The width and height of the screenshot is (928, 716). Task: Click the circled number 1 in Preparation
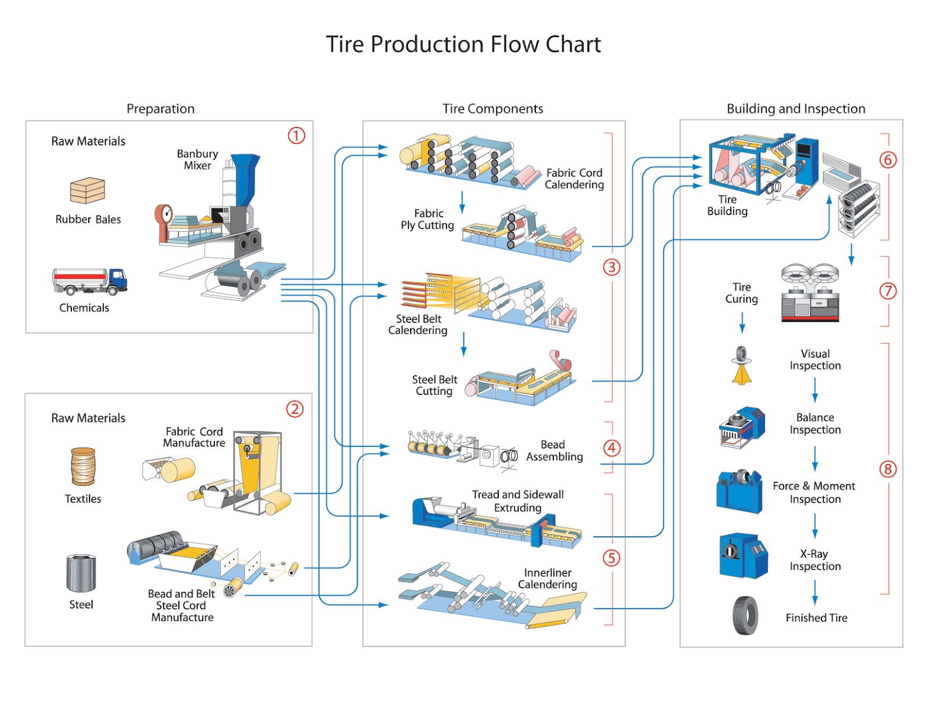(296, 136)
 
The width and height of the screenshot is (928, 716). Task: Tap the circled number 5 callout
(611, 558)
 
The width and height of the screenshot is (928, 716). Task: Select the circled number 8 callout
(887, 469)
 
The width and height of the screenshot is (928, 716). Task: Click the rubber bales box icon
(88, 190)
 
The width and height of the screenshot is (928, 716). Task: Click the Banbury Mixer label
(198, 159)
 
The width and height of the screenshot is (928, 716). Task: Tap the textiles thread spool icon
(83, 466)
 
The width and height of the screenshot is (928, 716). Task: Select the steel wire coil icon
(81, 573)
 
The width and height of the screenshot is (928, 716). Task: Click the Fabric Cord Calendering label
(574, 179)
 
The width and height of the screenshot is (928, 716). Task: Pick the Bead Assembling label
(554, 450)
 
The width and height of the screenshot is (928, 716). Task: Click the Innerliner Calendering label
(548, 579)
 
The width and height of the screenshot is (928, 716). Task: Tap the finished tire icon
(745, 616)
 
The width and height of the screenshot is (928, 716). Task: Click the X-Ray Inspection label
(815, 560)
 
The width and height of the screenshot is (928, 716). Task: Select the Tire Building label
(727, 205)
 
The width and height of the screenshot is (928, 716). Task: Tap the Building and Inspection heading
(796, 109)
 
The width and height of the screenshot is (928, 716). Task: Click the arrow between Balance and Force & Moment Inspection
(815, 459)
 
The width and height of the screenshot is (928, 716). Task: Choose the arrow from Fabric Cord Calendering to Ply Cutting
(462, 202)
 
